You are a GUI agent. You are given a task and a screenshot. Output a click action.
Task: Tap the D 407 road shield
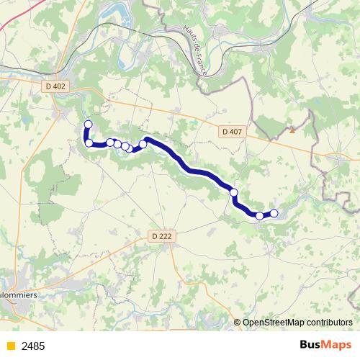pos(233,132)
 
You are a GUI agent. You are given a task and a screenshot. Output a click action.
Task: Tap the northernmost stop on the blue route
pos(89,125)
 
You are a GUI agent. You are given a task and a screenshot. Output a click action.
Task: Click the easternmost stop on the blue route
pos(274,212)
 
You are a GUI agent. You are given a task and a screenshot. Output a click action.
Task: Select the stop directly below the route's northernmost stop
pos(89,143)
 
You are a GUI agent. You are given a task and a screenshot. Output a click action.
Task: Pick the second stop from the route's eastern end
pos(259,215)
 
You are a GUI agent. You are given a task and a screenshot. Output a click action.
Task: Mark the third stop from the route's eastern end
pos(233,192)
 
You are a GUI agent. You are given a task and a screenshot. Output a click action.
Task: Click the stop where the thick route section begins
pos(143,144)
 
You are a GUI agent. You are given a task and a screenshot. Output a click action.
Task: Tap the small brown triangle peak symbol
pos(292,131)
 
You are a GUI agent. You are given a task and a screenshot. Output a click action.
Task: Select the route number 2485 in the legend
pos(33,346)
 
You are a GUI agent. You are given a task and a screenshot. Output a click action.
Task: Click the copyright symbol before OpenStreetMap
pos(238,322)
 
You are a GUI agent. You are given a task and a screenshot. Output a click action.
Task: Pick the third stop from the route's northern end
pos(110,143)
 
